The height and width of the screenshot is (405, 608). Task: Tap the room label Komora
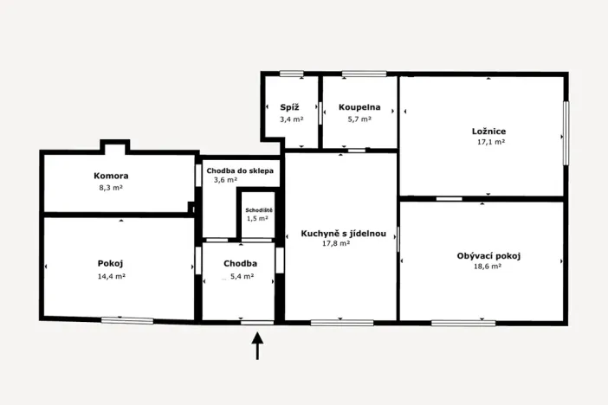click(112, 176)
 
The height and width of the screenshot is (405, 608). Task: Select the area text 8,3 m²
click(112, 187)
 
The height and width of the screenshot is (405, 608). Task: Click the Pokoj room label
click(112, 263)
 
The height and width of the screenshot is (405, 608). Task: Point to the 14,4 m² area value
click(112, 276)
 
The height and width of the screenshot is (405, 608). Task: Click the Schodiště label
click(259, 210)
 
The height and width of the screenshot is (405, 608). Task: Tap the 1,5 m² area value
click(257, 219)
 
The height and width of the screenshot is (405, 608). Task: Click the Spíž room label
click(290, 107)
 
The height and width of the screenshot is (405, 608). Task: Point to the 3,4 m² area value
click(291, 119)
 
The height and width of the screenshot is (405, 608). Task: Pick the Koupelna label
click(359, 107)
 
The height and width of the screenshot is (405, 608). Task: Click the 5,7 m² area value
click(359, 119)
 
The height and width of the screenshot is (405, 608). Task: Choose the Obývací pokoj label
click(488, 255)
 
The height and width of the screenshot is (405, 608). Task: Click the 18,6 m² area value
click(488, 267)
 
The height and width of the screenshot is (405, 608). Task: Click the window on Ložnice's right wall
click(566, 133)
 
